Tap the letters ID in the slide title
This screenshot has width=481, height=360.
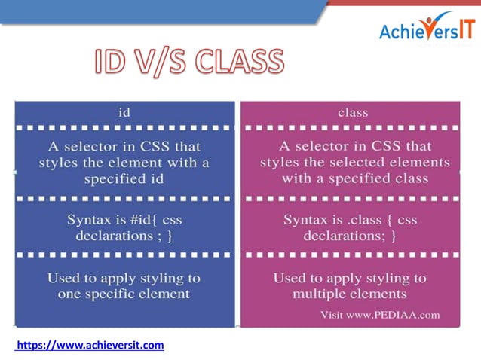[x=112, y=63]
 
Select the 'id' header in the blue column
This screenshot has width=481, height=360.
[x=125, y=112]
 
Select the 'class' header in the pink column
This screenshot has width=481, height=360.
[x=353, y=112]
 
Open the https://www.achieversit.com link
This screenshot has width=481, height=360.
[x=90, y=345]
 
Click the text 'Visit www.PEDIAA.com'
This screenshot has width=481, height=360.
[x=381, y=313]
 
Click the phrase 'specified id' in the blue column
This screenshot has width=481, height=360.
[x=125, y=179]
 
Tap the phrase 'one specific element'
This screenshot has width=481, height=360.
[x=125, y=294]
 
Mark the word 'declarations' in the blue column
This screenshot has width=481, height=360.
[x=111, y=236]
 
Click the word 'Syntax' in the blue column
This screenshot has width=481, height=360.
[x=90, y=220]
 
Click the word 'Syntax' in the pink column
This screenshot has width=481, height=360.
[x=307, y=220]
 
